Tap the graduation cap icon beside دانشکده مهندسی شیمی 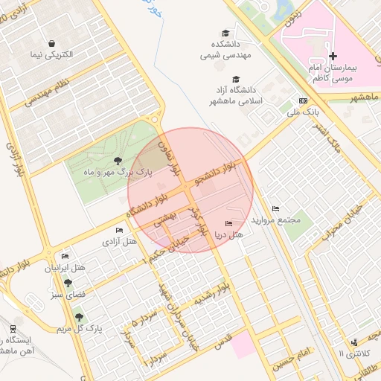[225, 33]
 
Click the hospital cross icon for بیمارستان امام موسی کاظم [333, 56]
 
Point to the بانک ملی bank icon [303, 100]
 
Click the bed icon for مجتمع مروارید [276, 208]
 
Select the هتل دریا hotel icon [228, 223]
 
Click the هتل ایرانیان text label [66, 267]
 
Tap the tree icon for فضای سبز [68, 283]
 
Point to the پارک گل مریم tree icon [80, 317]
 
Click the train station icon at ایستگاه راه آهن [13, 328]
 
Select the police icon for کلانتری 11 [353, 342]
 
